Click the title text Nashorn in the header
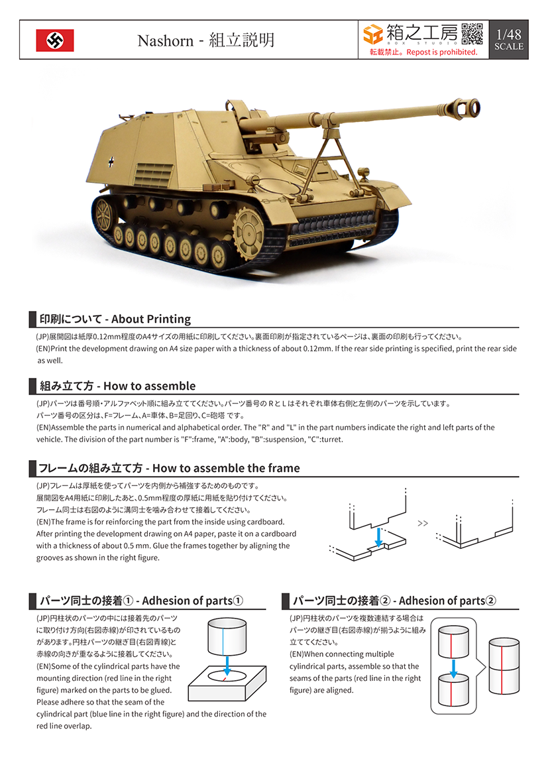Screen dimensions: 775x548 [x=164, y=40]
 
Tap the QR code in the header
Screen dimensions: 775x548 [x=471, y=34]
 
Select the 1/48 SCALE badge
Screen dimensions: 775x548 [x=508, y=40]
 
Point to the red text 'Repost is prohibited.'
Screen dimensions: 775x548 [x=442, y=52]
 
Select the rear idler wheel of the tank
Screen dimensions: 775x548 [x=103, y=213]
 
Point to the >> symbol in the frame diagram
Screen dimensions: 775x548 [x=423, y=523]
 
